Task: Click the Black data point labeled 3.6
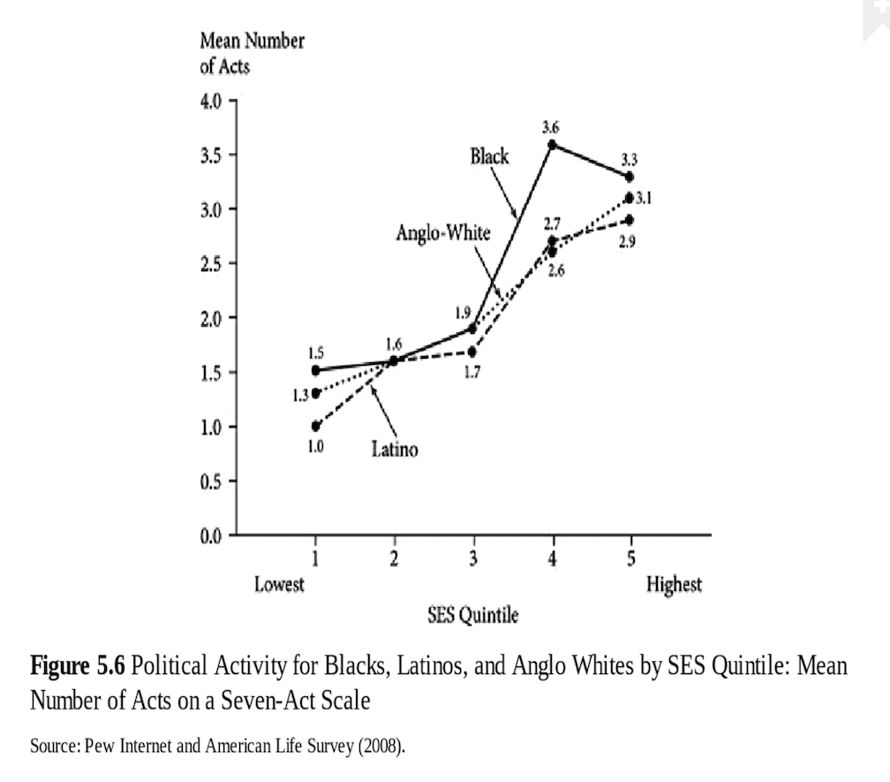[x=553, y=144]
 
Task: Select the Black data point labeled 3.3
[x=629, y=177]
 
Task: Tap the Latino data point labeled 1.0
[x=315, y=426]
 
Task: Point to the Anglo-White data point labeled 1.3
[x=315, y=393]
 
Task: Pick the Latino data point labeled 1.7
[x=472, y=352]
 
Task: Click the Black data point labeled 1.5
[x=315, y=370]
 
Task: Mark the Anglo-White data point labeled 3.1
[x=629, y=198]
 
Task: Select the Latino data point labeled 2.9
[x=629, y=219]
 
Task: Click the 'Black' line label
[x=489, y=156]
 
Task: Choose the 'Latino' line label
[x=394, y=450]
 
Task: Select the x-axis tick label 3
[x=473, y=558]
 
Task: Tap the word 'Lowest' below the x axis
[x=279, y=584]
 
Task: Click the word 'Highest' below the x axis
[x=674, y=584]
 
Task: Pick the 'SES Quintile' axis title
[x=473, y=615]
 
